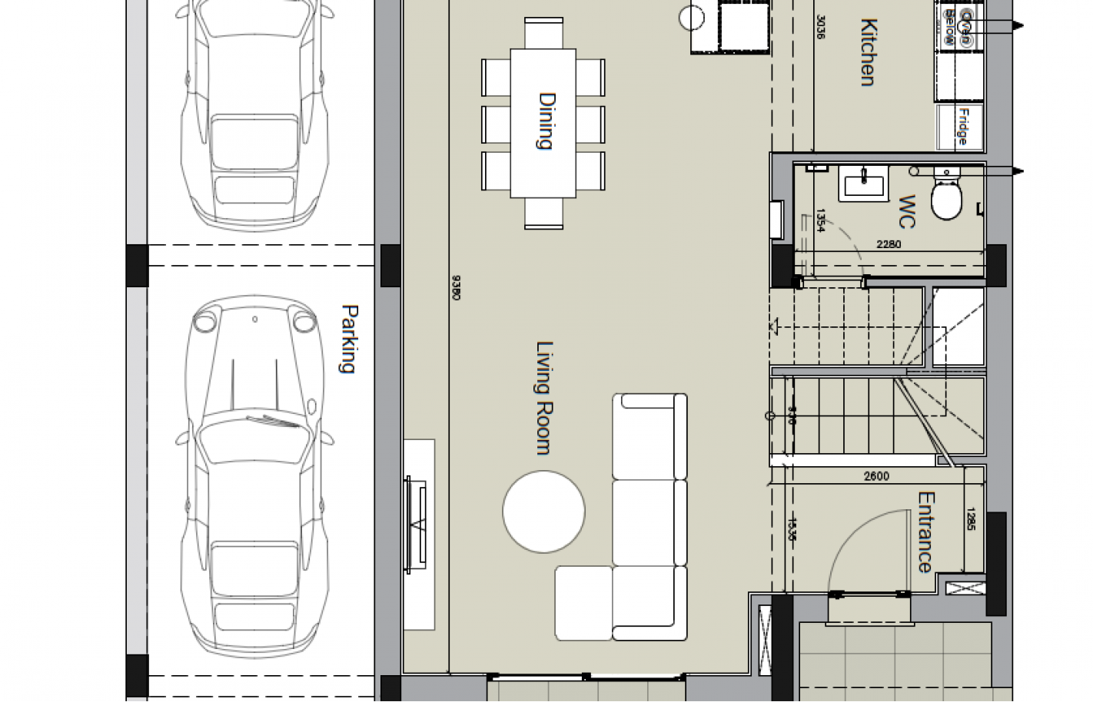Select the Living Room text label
coord(545,398)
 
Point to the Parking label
coord(349,339)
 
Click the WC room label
coord(907,212)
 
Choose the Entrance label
coord(925,532)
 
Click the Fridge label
coord(962,127)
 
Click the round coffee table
coord(543,511)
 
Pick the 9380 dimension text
coord(456,287)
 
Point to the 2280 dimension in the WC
coord(889,245)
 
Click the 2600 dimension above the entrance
coord(876,476)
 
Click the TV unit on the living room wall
coord(419,524)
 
